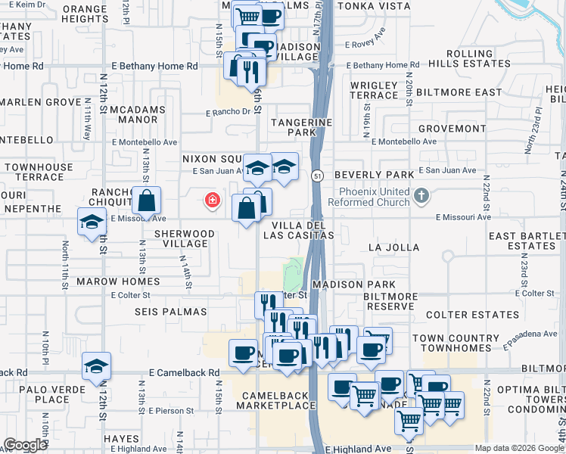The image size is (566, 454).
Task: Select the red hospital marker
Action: (x=213, y=201)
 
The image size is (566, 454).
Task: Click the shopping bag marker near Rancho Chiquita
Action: (x=147, y=201)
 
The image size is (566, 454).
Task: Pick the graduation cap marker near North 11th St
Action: (x=92, y=222)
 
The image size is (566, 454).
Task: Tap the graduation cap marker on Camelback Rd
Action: (x=96, y=366)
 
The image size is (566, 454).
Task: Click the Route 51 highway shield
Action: (x=316, y=176)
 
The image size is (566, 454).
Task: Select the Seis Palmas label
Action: (x=160, y=312)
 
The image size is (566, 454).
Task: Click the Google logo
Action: (x=26, y=445)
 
